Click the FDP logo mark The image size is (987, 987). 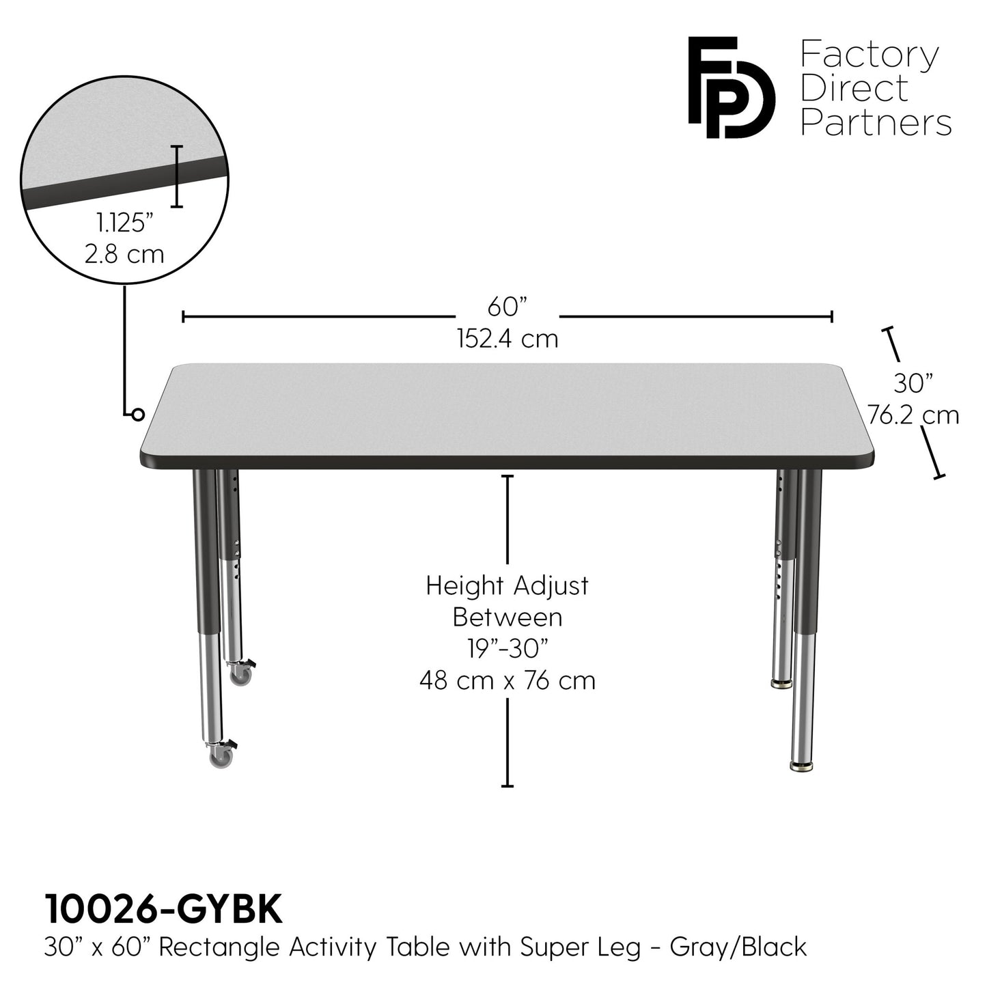730,87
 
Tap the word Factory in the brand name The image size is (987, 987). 870,55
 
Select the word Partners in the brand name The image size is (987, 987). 876,124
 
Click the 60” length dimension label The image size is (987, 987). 508,307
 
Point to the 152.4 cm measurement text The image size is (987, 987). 508,338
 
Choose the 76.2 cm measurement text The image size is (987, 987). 913,415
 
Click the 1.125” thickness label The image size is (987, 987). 125,223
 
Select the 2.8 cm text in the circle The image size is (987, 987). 125,254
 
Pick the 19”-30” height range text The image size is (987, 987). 508,648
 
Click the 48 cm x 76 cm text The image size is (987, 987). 508,680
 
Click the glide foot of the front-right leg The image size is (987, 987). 803,766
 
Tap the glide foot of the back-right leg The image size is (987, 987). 781,682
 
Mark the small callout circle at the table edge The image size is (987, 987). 138,415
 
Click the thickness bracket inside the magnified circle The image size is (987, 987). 178,176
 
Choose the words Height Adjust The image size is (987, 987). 508,585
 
